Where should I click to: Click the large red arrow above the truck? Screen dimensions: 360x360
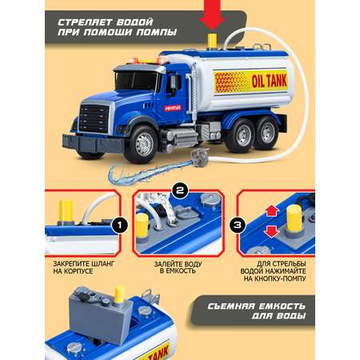click(x=212, y=15)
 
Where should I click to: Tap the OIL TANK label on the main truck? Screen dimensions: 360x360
click(x=270, y=81)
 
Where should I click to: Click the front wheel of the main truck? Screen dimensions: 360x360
click(x=144, y=144)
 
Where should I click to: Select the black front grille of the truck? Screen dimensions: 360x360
click(x=94, y=118)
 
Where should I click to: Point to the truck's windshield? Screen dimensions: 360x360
click(x=136, y=80)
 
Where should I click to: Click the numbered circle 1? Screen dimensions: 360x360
click(x=120, y=225)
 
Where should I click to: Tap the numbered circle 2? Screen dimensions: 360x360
click(x=180, y=190)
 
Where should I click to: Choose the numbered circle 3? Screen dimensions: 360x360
click(x=238, y=225)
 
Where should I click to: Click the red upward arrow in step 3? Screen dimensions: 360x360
click(x=272, y=210)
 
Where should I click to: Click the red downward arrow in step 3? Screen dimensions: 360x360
click(x=272, y=231)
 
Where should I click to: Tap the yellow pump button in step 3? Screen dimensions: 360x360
click(x=294, y=219)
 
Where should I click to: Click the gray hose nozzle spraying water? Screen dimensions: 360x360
click(x=200, y=158)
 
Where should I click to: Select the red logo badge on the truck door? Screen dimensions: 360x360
click(x=173, y=108)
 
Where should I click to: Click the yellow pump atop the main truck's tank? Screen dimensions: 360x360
click(x=212, y=42)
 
